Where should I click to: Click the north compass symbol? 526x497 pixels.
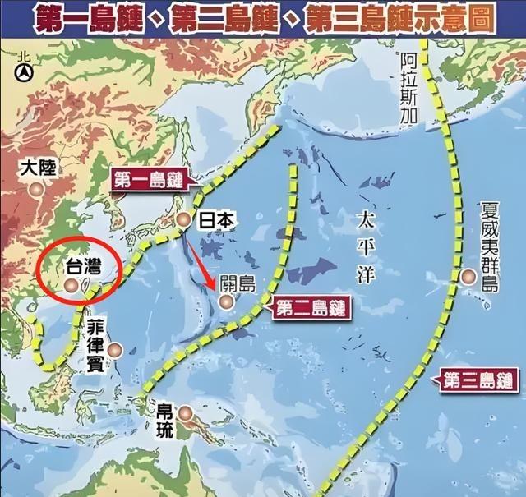[x=24, y=71]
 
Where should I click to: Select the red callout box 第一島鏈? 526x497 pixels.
[x=147, y=181]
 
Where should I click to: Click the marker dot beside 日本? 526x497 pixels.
[x=184, y=219]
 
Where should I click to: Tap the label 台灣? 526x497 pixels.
[x=84, y=266]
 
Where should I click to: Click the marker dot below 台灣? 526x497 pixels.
[x=72, y=284]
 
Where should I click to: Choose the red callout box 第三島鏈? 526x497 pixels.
[x=475, y=380]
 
